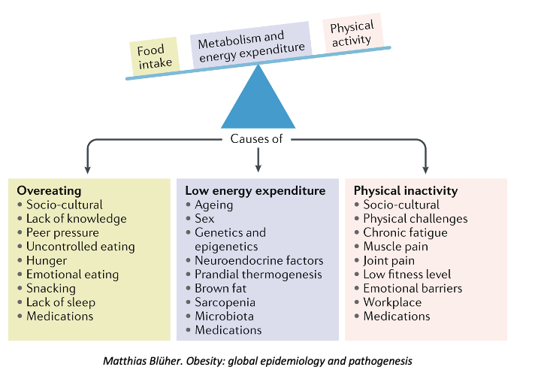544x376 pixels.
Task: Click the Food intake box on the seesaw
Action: [156, 57]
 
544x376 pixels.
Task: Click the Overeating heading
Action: [49, 191]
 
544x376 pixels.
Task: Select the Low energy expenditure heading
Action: [255, 191]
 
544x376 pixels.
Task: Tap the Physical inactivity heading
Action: [406, 191]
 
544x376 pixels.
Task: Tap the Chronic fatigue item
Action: [405, 232]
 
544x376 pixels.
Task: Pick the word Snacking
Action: [51, 288]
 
